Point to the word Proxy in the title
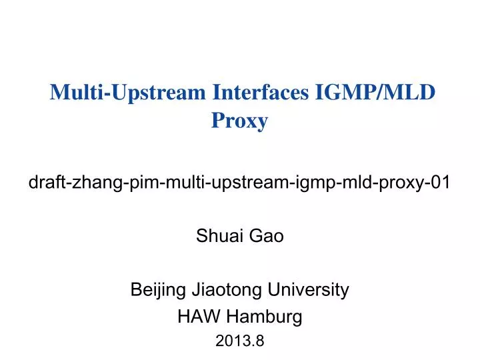pos(240,121)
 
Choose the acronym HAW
pos(194,317)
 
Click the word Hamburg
pos(261,317)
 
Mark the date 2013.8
pos(240,342)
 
